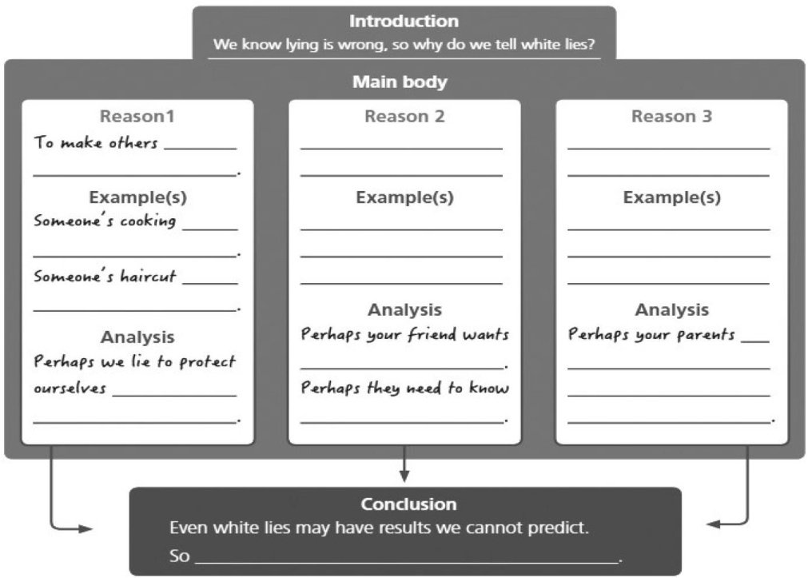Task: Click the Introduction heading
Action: [x=404, y=22]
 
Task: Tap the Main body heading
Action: [x=400, y=82]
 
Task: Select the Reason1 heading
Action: [x=137, y=117]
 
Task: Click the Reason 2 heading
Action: [x=404, y=117]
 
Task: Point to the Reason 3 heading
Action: [x=671, y=117]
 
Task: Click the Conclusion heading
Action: [x=408, y=504]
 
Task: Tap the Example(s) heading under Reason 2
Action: [x=404, y=197]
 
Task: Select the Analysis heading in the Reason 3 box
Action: [x=671, y=309]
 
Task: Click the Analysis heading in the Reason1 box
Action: [x=137, y=337]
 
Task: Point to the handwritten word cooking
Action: [x=148, y=221]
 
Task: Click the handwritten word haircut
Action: [x=148, y=277]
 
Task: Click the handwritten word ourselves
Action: [x=70, y=389]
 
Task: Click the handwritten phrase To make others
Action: [x=96, y=144]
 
